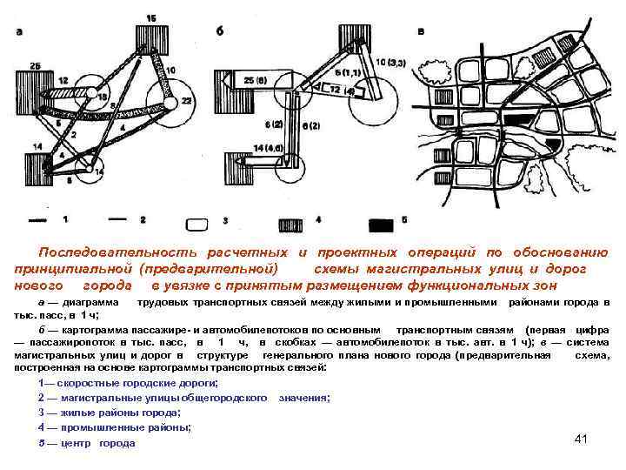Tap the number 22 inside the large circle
[185, 102]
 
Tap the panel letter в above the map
[422, 30]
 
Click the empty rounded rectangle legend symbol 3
[200, 222]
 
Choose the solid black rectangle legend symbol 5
[380, 223]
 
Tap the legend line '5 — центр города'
[87, 443]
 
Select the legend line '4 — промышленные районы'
[115, 427]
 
